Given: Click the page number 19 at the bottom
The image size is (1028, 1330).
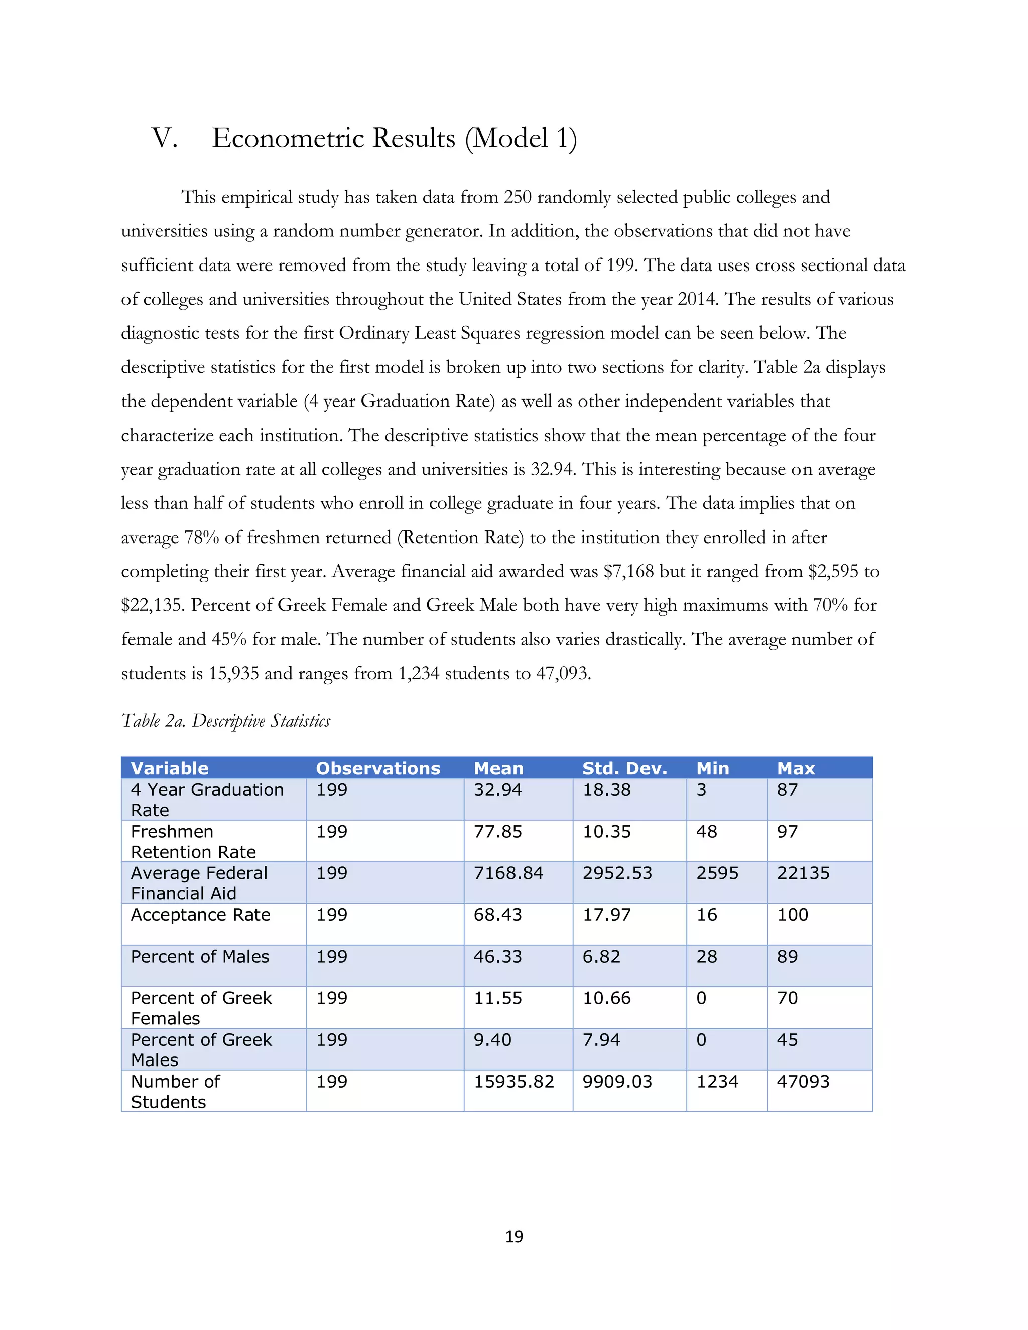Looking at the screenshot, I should [514, 1236].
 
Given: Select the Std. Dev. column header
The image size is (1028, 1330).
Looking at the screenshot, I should [624, 768].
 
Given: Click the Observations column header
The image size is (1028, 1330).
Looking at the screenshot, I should [377, 768].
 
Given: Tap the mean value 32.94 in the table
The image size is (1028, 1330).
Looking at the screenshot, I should [497, 790].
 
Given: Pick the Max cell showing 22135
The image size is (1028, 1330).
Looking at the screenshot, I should [803, 873].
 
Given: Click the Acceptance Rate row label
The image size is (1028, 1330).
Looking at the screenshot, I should [200, 915].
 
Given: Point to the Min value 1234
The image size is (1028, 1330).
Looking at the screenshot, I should [717, 1082].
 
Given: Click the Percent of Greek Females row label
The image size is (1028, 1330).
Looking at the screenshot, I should [201, 1008].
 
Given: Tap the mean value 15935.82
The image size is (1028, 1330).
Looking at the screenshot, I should [513, 1082].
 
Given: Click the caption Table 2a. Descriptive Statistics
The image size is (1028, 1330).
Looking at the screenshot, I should [226, 721].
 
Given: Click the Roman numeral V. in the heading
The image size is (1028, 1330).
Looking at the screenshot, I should [165, 138].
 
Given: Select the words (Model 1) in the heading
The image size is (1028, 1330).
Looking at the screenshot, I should [521, 138].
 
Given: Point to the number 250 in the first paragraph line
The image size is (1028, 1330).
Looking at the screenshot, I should [517, 197].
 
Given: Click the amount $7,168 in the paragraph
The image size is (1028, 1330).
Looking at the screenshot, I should [628, 571].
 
